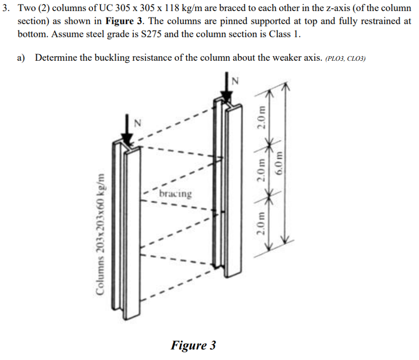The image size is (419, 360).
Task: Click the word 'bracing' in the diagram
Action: pyautogui.click(x=176, y=193)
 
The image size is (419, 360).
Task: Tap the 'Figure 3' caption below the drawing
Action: pyautogui.click(x=194, y=345)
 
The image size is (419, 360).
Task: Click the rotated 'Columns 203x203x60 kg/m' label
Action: pyautogui.click(x=103, y=244)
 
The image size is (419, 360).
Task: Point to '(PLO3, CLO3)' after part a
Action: pyautogui.click(x=345, y=59)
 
